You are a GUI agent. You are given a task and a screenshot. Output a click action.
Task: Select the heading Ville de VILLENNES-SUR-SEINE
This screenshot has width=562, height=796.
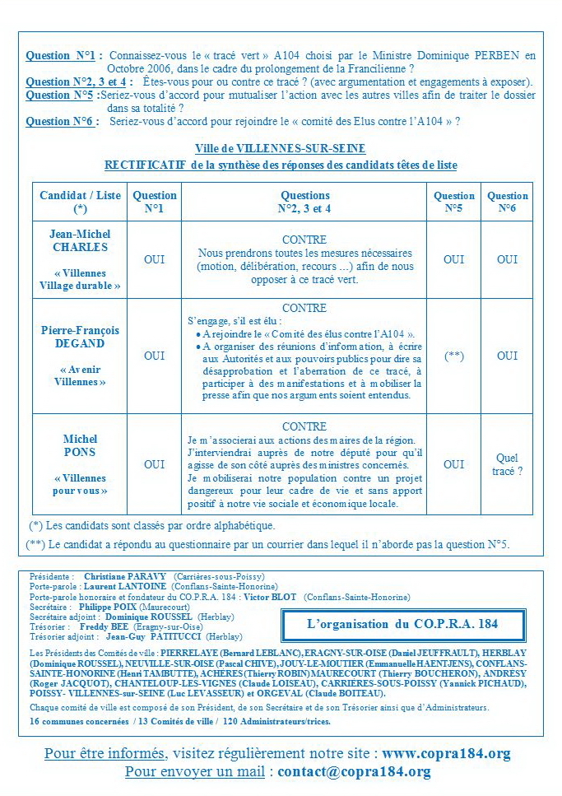pos(281,149)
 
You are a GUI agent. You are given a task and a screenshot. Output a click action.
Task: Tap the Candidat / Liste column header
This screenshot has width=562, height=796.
pos(80,202)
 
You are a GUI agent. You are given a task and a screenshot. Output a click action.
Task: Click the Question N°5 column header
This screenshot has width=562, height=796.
pos(454,202)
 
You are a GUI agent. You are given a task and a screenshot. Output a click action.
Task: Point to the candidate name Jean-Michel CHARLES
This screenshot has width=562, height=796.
pos(80,240)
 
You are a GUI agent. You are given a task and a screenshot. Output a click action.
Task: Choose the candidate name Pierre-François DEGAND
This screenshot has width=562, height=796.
pos(80,337)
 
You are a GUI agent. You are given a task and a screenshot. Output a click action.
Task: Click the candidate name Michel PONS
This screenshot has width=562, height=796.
pos(80,445)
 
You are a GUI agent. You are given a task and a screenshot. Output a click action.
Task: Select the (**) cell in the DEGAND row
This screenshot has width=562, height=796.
pos(454,356)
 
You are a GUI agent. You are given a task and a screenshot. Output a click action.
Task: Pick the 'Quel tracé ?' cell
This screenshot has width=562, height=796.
pos(508,464)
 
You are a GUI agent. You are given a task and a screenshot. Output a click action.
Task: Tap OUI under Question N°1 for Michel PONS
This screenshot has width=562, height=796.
pos(155,464)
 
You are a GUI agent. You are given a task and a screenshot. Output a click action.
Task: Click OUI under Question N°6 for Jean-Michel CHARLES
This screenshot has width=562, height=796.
pos(508,259)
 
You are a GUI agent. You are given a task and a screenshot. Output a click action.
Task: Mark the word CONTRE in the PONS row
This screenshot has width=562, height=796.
pos(304,427)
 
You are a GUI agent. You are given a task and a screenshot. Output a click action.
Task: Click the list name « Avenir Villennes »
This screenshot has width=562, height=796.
pos(80,375)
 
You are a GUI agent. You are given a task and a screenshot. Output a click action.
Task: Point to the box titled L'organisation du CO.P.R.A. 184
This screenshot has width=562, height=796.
pos(402,624)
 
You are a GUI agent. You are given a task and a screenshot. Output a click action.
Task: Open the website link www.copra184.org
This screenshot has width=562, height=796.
pos(446,754)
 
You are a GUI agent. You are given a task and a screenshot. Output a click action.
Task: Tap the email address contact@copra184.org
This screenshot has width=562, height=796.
pos(354,772)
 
